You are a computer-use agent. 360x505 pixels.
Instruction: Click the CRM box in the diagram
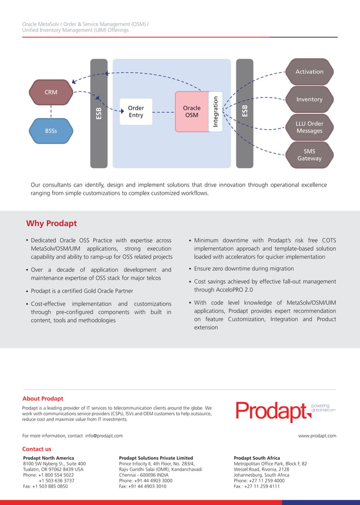pos(51,93)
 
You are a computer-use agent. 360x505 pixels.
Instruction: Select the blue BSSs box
pos(51,131)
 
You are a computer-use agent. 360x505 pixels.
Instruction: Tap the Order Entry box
pos(136,112)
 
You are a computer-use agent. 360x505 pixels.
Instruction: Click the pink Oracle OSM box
pos(191,112)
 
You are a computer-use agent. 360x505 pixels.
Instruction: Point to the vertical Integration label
pos(215,112)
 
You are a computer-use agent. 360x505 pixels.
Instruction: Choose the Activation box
pos(309,72)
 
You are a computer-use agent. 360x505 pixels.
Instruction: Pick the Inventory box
pos(309,99)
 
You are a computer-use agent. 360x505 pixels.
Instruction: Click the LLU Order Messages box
pos(309,127)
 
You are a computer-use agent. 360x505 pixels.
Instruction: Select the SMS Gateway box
pos(309,155)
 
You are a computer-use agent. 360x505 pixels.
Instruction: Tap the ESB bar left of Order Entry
pos(99,113)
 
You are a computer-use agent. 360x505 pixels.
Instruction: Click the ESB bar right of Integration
pos(244,113)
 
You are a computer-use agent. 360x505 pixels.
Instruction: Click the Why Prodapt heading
pos(51,223)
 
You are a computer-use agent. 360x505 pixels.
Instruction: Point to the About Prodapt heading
pos(43,398)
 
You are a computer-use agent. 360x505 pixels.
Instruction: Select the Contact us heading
pos(37,449)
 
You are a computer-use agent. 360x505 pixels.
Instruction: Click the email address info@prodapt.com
pos(104,436)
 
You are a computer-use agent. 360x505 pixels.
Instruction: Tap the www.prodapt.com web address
pos(317,436)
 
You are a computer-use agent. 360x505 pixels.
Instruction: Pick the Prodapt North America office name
pos(49,458)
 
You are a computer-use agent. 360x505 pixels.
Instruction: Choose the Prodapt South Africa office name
pos(257,458)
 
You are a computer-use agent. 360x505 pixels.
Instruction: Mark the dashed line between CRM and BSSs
pos(51,112)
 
